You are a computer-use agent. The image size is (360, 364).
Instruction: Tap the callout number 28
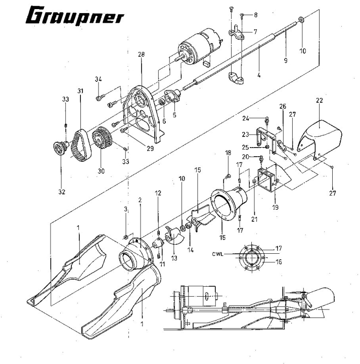pos(141,54)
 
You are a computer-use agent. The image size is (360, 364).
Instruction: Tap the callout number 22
pos(320,101)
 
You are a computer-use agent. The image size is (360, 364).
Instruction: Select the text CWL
pos(217,254)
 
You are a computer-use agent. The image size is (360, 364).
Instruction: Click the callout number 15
pos(198,170)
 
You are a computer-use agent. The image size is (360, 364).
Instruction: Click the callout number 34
pos(98,79)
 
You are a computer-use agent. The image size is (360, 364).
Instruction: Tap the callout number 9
pos(286,60)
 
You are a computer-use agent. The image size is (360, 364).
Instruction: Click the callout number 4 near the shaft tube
pos(259,75)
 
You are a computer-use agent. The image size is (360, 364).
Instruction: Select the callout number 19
pos(275,207)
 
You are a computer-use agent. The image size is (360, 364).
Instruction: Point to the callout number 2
pos(140,200)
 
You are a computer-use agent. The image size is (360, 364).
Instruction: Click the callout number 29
pos(150,148)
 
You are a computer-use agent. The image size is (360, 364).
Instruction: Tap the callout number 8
pos(255,15)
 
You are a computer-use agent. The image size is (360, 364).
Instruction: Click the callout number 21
pos(254,219)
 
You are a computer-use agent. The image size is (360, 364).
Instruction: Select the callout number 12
pos(158,193)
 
